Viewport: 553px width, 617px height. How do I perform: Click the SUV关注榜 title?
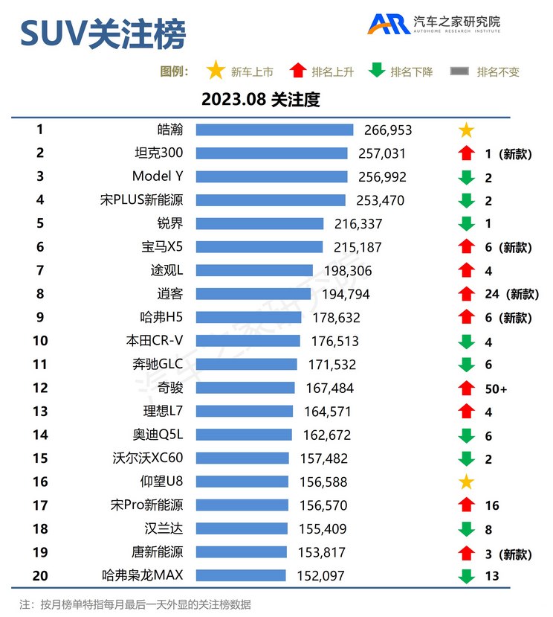pos(102,34)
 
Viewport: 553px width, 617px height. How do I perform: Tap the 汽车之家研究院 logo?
pos(434,25)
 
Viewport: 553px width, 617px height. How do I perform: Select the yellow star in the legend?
pos(216,71)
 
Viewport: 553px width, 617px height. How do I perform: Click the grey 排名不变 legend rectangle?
pos(460,71)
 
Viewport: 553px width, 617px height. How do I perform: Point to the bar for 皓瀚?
pos(274,130)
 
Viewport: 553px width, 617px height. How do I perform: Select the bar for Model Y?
pos(271,177)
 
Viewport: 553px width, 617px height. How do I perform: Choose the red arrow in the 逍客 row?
pos(466,294)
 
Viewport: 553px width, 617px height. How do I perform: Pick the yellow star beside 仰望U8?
pos(466,482)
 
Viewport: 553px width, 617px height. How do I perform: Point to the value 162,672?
pos(327,435)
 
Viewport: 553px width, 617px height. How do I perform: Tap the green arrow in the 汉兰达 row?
pos(466,529)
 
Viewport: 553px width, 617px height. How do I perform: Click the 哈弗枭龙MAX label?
pos(142,575)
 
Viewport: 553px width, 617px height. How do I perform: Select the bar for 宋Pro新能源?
pos(242,505)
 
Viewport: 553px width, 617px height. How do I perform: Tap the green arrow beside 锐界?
pos(466,223)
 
